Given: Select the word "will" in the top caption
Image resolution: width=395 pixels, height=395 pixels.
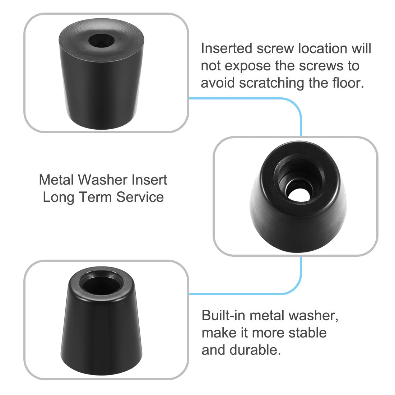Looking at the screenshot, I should [361, 48].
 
